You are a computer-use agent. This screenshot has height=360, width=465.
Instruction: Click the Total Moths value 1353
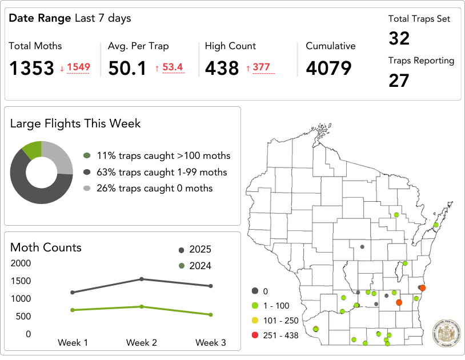click(31, 69)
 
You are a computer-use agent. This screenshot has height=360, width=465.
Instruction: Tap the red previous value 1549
click(78, 67)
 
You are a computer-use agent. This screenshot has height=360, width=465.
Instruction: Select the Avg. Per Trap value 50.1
click(127, 69)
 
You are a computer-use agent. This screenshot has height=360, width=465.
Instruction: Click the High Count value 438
click(222, 69)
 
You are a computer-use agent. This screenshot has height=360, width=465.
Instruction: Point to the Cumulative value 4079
click(328, 69)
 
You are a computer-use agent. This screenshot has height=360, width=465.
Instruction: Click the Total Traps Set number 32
click(399, 38)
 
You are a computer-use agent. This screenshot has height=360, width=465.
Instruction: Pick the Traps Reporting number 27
click(399, 81)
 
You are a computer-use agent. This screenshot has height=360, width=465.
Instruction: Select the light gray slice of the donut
click(59, 155)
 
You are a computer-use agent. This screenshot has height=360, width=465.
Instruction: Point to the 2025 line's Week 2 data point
click(142, 279)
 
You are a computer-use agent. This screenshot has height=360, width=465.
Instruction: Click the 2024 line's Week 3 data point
click(211, 314)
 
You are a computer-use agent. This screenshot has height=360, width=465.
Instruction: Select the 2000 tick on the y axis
click(21, 263)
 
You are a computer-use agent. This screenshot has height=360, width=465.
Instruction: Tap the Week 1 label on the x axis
click(73, 343)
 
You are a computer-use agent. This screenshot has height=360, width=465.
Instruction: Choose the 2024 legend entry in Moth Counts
click(195, 266)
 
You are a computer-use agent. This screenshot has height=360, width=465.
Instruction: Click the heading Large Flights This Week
click(75, 123)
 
